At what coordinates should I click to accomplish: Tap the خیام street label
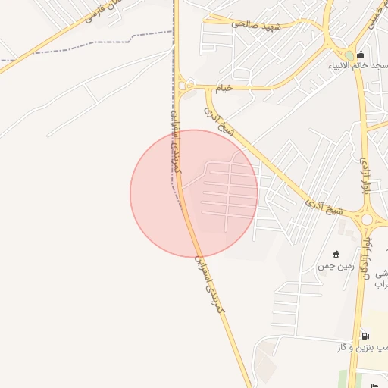(225, 89)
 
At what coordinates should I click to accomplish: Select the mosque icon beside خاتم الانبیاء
(361, 54)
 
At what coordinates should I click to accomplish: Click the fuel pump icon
(365, 336)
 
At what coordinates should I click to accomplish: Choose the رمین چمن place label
(336, 266)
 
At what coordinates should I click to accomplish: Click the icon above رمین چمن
(336, 254)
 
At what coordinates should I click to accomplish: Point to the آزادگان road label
(366, 258)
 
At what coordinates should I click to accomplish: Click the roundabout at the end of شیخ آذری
(368, 219)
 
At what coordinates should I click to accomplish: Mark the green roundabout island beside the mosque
(349, 55)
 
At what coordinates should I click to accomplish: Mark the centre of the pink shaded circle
(194, 193)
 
